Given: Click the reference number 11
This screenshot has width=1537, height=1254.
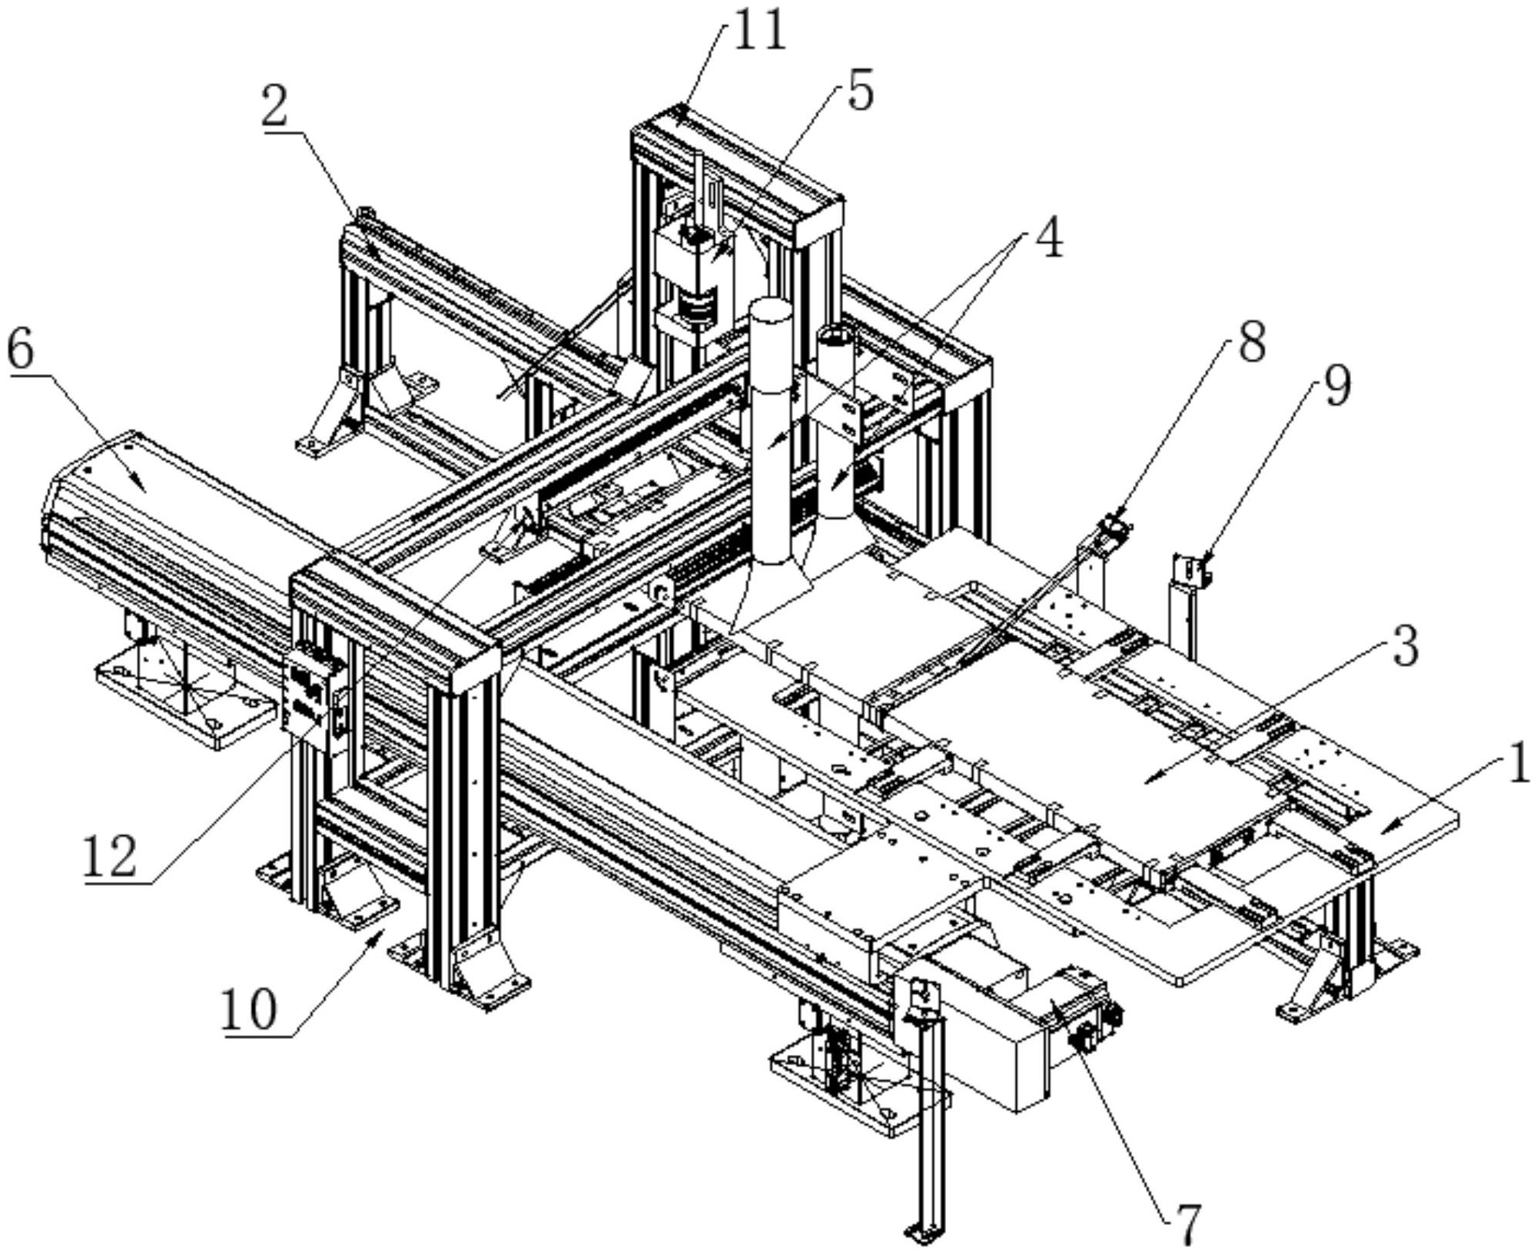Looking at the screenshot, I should coord(759,31).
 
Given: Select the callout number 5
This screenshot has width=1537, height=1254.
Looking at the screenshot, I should coord(859,92).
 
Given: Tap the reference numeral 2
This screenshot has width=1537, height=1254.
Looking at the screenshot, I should coord(274,108).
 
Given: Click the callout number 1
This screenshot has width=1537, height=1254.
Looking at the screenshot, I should coord(1518,766).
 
